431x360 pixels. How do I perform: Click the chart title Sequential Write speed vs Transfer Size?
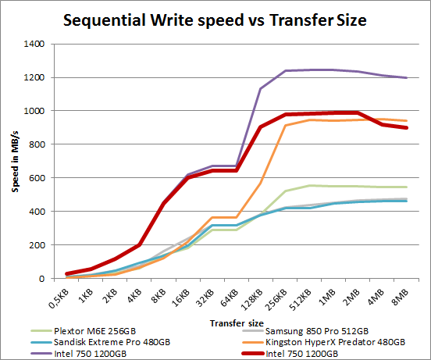(215, 20)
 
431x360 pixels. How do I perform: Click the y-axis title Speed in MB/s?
(12, 161)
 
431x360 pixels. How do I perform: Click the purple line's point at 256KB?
(286, 71)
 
